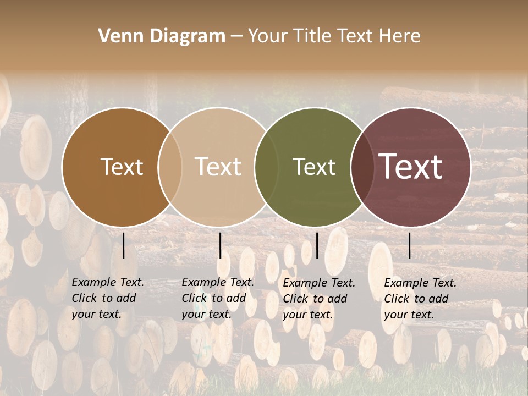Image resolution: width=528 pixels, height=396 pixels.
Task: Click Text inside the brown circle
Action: click(122, 167)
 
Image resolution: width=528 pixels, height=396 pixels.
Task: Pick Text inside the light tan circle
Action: click(218, 167)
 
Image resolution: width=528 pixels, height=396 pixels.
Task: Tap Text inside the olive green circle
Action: click(314, 167)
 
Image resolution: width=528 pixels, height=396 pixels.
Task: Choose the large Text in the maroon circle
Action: click(410, 167)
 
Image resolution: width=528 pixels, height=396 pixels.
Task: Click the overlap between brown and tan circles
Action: click(170, 167)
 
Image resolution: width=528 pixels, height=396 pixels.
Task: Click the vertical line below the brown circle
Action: click(124, 245)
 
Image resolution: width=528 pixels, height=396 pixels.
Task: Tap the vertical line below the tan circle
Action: click(220, 245)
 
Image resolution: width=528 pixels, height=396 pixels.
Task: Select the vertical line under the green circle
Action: click(317, 245)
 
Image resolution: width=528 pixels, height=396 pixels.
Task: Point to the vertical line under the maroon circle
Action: click(410, 245)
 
